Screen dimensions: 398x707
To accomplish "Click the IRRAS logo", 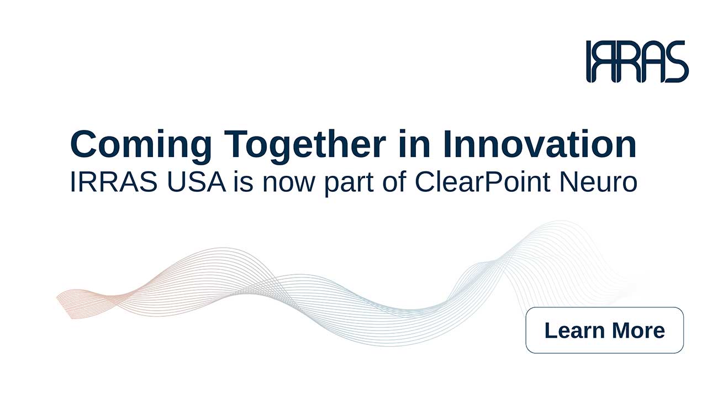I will [637, 61].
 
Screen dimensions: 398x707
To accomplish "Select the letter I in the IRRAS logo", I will [590, 61].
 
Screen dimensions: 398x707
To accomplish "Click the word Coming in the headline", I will [141, 145].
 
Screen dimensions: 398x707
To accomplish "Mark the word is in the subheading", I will [243, 182].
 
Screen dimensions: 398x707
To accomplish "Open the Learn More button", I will [604, 330].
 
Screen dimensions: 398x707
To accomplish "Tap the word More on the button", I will [637, 330].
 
